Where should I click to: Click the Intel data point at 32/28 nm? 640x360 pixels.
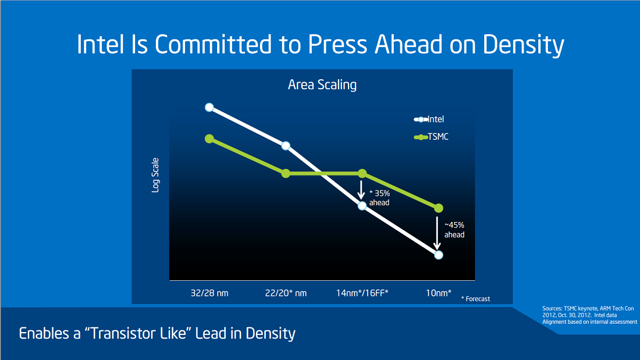click(x=209, y=107)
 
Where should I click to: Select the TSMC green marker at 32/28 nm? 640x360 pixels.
click(x=209, y=139)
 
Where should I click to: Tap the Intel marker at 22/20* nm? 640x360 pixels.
click(x=286, y=146)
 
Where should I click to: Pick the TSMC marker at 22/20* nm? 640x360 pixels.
click(x=286, y=174)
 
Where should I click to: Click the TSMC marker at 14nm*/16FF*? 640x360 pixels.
click(x=362, y=174)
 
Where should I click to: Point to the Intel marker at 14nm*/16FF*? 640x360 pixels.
click(x=362, y=206)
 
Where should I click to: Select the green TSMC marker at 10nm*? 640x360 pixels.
click(x=438, y=208)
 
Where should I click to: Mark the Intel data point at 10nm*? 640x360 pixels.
click(x=438, y=255)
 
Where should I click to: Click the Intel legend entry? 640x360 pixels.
click(x=429, y=119)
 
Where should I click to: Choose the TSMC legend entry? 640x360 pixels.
click(x=431, y=137)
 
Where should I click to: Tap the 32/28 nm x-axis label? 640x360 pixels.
click(x=209, y=293)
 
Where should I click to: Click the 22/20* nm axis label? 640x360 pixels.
click(x=286, y=293)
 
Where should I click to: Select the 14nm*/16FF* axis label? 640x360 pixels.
click(x=362, y=293)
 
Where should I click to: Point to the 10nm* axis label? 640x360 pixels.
click(x=438, y=293)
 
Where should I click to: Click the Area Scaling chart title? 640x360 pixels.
click(x=322, y=85)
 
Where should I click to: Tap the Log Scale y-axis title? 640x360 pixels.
click(x=155, y=175)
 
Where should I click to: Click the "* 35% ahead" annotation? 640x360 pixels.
click(x=379, y=198)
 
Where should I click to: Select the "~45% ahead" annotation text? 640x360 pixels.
click(x=454, y=230)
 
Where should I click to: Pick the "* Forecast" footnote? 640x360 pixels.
click(x=475, y=299)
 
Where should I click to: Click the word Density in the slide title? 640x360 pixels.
click(x=523, y=45)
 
